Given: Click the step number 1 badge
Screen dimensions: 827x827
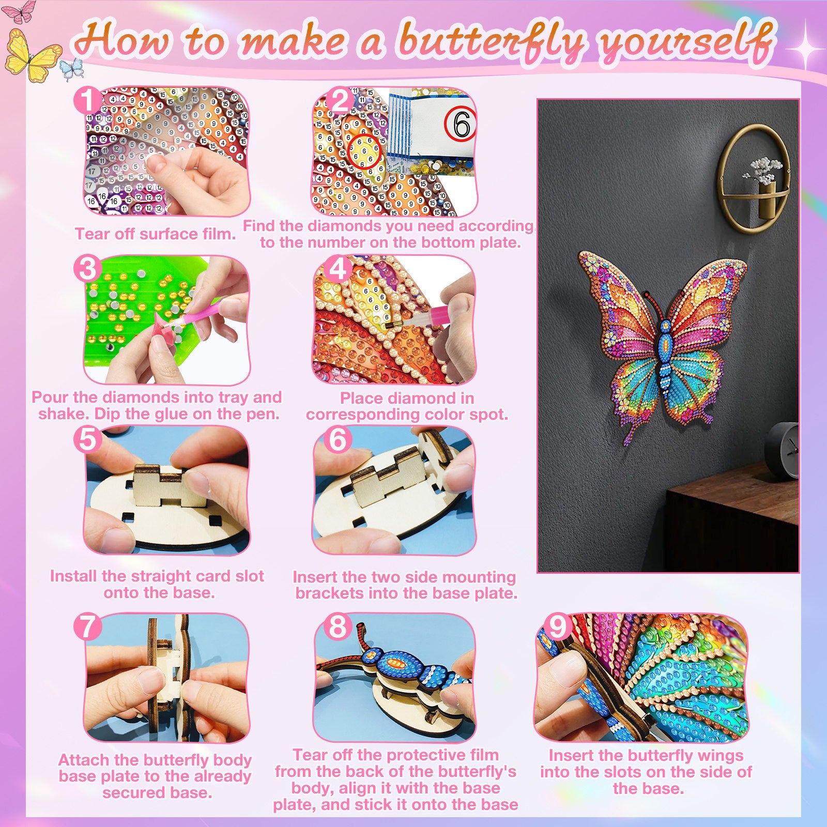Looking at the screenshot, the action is [88, 100].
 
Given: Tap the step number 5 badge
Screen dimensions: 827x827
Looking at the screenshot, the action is [87, 439].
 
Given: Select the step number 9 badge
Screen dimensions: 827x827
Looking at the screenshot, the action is [557, 626].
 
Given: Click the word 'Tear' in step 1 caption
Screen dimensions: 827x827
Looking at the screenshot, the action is [93, 234].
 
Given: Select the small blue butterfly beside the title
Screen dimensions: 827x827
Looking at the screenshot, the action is [72, 69].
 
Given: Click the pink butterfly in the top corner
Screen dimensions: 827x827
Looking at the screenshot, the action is [20, 11].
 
